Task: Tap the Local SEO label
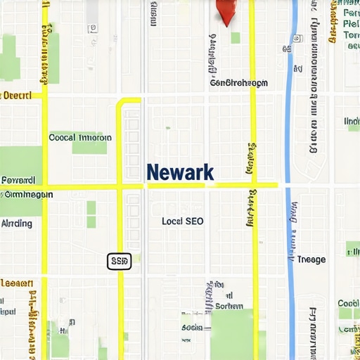[x=182, y=221]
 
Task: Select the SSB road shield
[x=120, y=262]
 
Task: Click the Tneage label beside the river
[x=311, y=259]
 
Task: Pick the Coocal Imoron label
[x=79, y=138]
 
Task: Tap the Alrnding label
[x=17, y=224]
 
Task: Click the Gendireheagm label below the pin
[x=239, y=83]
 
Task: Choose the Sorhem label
[x=229, y=306]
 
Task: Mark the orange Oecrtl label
[x=17, y=95]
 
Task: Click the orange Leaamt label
[x=16, y=284]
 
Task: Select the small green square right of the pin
[x=236, y=38]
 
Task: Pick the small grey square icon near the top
[x=92, y=29]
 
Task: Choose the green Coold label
[x=349, y=304]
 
